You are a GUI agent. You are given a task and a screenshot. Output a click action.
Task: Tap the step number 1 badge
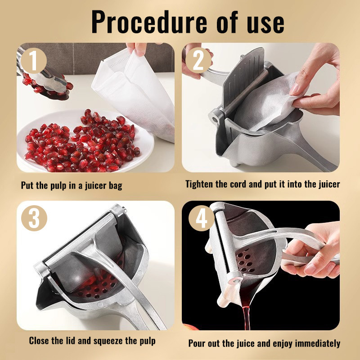[x=34, y=61]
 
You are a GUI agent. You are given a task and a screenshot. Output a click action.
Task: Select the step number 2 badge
[x=198, y=60]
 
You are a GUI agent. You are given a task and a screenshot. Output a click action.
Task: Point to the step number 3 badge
[x=34, y=218]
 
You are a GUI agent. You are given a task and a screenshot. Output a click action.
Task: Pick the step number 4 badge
[x=201, y=218]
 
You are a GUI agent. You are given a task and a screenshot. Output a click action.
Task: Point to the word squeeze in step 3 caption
[x=108, y=341]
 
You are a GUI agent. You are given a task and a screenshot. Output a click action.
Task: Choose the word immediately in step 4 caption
[x=318, y=343]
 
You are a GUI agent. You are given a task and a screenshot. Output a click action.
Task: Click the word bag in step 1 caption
[x=116, y=185]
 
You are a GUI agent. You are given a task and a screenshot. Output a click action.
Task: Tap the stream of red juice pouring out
[x=246, y=317]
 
